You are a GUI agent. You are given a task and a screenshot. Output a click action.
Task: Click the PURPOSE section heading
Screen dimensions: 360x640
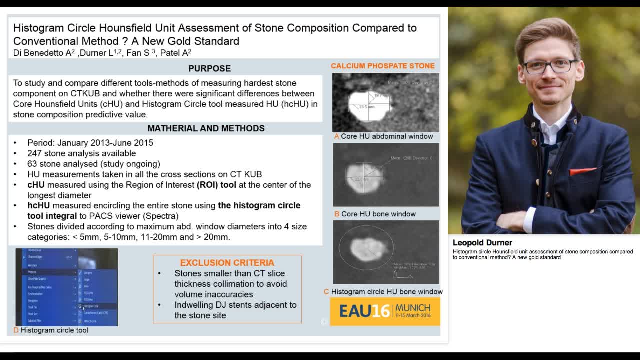click(x=209, y=68)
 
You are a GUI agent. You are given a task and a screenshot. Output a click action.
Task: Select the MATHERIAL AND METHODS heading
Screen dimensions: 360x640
click(x=206, y=128)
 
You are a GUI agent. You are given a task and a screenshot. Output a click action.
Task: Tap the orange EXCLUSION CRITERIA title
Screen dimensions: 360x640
click(x=227, y=263)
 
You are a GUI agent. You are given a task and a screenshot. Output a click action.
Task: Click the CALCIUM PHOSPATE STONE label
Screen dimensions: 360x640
click(x=382, y=66)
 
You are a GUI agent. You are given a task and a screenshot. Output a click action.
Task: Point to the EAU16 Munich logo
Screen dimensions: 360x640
click(x=385, y=311)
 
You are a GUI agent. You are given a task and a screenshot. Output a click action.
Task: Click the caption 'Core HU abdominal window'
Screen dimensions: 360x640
click(x=387, y=136)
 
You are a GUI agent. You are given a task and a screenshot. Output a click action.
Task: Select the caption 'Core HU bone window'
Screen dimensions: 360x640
click(x=378, y=214)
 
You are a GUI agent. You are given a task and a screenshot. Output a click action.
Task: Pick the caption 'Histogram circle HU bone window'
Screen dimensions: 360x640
click(x=386, y=291)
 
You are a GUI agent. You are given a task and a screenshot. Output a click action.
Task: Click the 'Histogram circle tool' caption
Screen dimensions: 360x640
click(x=54, y=330)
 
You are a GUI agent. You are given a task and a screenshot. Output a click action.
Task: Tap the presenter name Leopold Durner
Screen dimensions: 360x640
click(x=482, y=243)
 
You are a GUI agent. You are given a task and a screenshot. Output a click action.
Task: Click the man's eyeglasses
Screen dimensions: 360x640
click(x=549, y=65)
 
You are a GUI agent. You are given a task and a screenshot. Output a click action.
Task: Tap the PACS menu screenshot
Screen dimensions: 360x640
click(x=67, y=287)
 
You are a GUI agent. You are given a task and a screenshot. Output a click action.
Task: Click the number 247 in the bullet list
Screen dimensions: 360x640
click(x=34, y=153)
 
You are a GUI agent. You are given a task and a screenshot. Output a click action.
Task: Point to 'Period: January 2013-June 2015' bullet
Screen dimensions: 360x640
click(x=90, y=143)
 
